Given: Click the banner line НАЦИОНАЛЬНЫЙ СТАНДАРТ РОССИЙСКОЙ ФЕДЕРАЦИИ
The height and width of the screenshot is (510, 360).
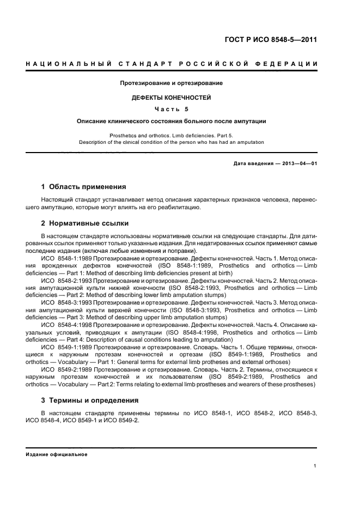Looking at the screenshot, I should [x=172, y=64].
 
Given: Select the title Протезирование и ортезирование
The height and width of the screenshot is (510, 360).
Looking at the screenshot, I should [x=172, y=83].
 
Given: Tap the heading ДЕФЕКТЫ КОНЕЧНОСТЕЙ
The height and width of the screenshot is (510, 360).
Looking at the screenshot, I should [x=172, y=98].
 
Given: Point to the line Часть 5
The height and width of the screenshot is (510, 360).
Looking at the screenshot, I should [x=172, y=109].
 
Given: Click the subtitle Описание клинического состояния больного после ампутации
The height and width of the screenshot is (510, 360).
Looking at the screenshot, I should [x=172, y=121].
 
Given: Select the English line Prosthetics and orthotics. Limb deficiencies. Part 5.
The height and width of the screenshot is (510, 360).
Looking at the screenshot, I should [x=172, y=135].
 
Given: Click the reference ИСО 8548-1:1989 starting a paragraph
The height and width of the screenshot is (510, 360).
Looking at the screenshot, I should [x=66, y=258].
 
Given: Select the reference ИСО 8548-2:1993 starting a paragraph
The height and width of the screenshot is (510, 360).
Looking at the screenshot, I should [x=66, y=281].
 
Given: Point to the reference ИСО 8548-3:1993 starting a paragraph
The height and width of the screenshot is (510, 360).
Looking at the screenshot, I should [x=66, y=303].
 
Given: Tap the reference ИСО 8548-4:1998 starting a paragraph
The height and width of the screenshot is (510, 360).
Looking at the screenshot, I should [x=66, y=325].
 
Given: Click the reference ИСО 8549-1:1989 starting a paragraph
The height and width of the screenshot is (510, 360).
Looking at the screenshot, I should [x=66, y=347].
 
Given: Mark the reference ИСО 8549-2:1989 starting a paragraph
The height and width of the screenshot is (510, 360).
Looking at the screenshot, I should [x=66, y=369].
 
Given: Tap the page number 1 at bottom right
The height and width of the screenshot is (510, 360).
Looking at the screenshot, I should [x=315, y=466].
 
